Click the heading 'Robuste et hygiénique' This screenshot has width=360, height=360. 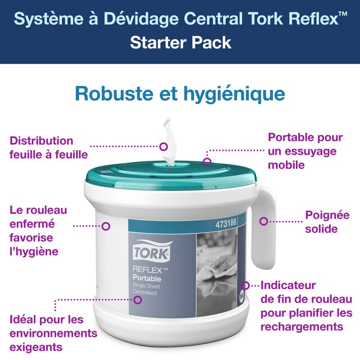click(x=180, y=93)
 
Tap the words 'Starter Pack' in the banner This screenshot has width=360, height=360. click(x=180, y=42)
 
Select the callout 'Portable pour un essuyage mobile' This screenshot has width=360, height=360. click(x=305, y=151)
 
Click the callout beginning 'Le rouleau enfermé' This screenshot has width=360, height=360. click(x=38, y=230)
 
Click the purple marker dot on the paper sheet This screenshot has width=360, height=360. click(x=164, y=146)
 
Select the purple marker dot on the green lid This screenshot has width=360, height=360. click(x=207, y=162)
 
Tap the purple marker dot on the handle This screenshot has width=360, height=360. click(x=263, y=221)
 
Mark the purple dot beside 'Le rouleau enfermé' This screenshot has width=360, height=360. click(x=105, y=226)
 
